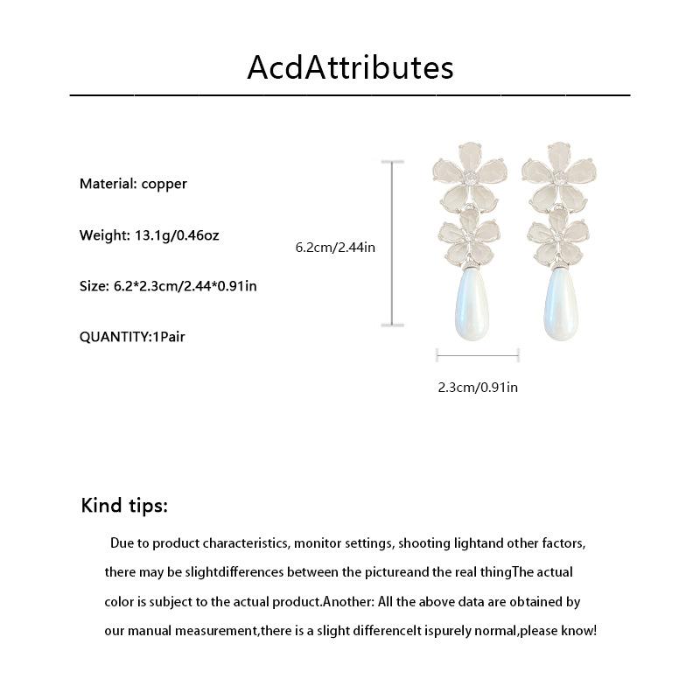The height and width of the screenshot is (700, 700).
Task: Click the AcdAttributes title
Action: [350, 67]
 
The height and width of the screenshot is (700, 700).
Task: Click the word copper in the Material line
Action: [164, 184]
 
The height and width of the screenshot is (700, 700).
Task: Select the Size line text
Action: [168, 286]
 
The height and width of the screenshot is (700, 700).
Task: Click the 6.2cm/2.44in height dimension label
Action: [335, 248]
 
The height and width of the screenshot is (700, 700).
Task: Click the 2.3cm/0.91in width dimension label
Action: [478, 387]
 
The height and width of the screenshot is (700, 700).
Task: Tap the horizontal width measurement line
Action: [478, 354]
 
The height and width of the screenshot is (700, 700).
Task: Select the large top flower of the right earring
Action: [557, 175]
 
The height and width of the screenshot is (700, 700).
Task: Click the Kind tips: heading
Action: [124, 506]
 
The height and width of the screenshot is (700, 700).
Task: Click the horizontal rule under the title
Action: [350, 93]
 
